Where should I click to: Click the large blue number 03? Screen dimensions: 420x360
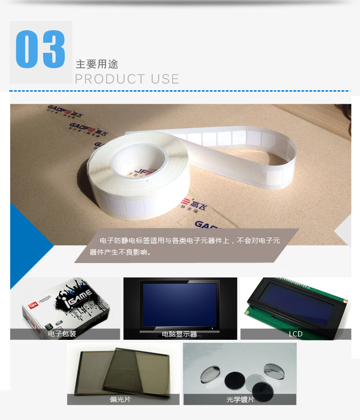point(41,50)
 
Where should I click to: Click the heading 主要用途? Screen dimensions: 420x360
point(97,64)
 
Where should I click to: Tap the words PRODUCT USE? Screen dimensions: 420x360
point(127,79)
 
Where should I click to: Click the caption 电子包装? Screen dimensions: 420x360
point(62,334)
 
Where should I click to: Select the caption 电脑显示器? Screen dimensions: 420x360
point(180,334)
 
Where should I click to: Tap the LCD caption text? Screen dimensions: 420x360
point(296,334)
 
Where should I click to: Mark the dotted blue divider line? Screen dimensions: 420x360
point(180,91)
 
